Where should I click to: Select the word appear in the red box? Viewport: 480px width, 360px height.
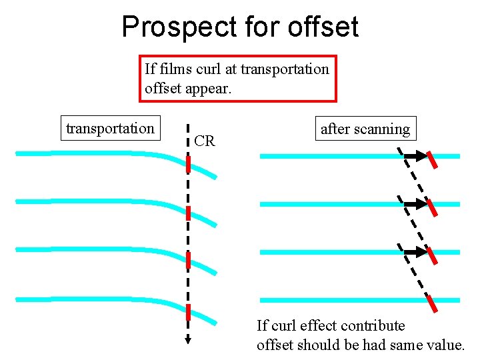pyautogui.click(x=207, y=87)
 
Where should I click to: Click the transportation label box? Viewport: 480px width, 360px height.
pyautogui.click(x=110, y=128)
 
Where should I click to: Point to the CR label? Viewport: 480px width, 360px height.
pyautogui.click(x=205, y=141)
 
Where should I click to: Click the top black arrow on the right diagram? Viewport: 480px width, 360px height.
pyautogui.click(x=416, y=157)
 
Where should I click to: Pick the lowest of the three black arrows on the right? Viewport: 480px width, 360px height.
pyautogui.click(x=416, y=252)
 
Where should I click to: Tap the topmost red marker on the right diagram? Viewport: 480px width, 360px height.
pyautogui.click(x=433, y=160)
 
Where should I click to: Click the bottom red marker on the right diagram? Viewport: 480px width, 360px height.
pyautogui.click(x=433, y=303)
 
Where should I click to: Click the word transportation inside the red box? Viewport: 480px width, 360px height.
pyautogui.click(x=285, y=69)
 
